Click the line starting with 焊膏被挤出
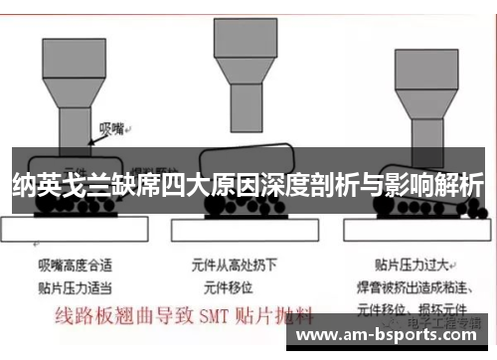[414, 284]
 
